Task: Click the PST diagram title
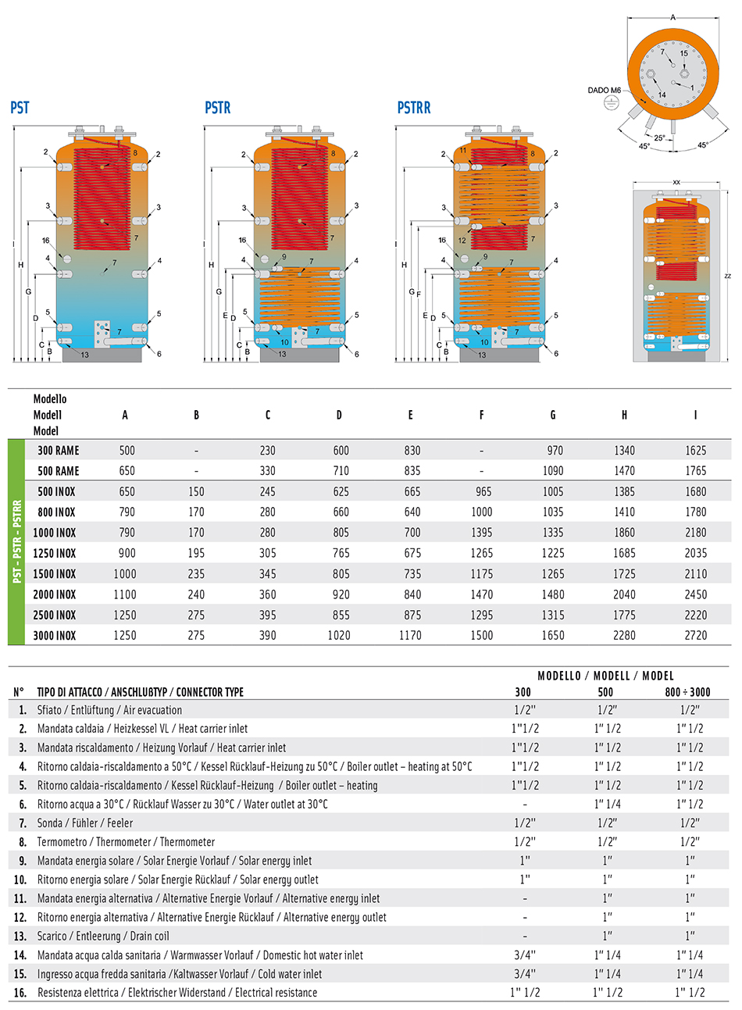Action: point(20,108)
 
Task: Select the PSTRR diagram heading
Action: point(414,108)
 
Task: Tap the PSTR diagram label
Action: point(218,108)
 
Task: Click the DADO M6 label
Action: point(604,91)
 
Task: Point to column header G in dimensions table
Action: point(553,415)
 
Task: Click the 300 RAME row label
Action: point(59,451)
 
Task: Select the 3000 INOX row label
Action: point(55,636)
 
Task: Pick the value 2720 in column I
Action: point(695,636)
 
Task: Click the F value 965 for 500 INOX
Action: point(482,492)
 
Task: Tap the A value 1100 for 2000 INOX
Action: point(125,594)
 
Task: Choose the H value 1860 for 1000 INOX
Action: point(624,533)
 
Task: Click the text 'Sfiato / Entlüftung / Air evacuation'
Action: point(109,710)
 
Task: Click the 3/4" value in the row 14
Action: point(523,955)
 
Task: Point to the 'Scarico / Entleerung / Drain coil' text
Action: point(103,937)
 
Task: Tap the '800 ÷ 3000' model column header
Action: point(690,692)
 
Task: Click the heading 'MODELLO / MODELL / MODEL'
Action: point(605,676)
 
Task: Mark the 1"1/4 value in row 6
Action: point(607,805)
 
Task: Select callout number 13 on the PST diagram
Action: point(85,355)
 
